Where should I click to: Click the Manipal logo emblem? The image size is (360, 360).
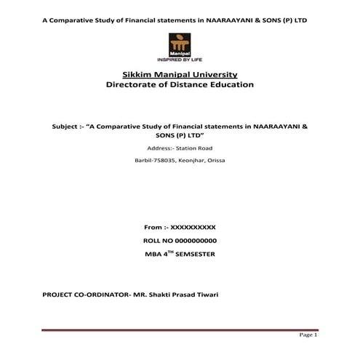179,44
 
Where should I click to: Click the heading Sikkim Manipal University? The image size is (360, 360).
180,74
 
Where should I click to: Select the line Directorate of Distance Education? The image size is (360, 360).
180,85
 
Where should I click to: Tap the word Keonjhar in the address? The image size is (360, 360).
192,160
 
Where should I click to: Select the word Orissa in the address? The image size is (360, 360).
216,160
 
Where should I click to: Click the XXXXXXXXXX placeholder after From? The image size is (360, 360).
193,228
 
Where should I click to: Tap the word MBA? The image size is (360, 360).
153,254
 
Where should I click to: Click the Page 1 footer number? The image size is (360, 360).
308,335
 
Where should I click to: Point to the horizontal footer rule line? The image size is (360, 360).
180,330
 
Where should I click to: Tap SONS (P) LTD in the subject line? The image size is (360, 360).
180,135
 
